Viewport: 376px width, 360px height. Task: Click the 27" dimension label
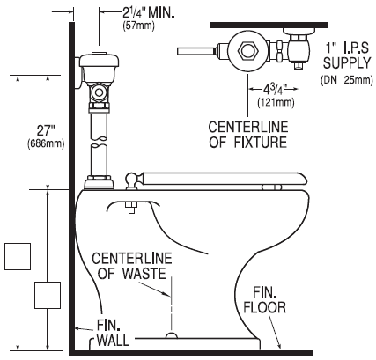[x=47, y=131]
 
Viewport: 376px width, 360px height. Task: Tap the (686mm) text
[x=46, y=144]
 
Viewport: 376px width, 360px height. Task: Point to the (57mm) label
[x=138, y=26]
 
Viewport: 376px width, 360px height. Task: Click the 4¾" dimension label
[x=275, y=89]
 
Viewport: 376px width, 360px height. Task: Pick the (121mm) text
[x=276, y=103]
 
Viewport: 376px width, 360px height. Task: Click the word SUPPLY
[x=347, y=63]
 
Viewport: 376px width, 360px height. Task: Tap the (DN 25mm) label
[x=347, y=80]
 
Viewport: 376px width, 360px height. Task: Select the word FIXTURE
[x=260, y=142]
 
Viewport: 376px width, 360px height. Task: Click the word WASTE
[x=144, y=273]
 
